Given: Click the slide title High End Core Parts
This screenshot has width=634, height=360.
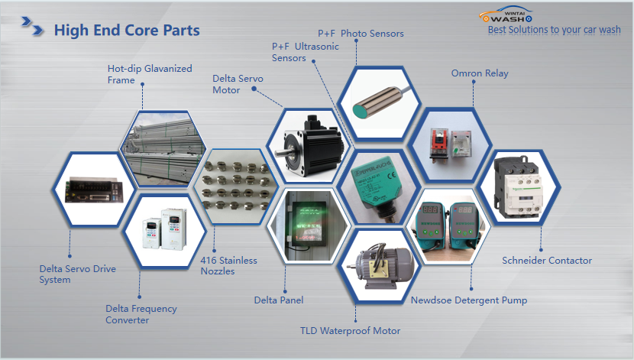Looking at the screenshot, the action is click(x=127, y=31).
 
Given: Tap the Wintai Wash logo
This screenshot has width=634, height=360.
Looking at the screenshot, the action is click(x=506, y=15).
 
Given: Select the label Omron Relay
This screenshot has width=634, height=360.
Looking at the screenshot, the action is click(x=480, y=73).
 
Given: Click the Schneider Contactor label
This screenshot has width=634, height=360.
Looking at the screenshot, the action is click(x=547, y=261).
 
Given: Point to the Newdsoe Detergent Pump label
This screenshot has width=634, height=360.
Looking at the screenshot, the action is click(x=469, y=300).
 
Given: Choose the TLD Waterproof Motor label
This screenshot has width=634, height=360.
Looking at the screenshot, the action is click(x=350, y=331).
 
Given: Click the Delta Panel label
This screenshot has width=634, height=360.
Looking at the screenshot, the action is click(x=279, y=300).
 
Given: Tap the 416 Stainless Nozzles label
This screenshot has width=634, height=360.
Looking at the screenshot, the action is click(x=229, y=266).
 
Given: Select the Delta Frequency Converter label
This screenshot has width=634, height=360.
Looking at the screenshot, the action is click(x=141, y=314).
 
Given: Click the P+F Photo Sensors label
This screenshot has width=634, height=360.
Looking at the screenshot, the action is click(x=361, y=34).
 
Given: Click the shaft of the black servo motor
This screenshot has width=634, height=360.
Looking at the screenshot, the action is click(x=283, y=154).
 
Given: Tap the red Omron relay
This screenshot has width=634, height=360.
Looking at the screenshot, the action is click(x=438, y=145).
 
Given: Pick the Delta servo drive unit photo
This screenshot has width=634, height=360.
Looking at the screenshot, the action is click(x=94, y=190).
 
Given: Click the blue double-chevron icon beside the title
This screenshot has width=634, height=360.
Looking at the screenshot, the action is click(x=32, y=26).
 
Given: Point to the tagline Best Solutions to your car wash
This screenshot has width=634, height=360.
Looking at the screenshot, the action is click(x=554, y=30).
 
